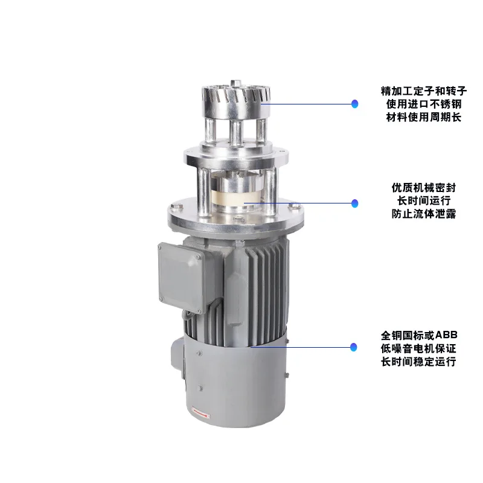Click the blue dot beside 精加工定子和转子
point(355,104)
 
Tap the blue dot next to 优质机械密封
point(355,203)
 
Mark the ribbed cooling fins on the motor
point(266,284)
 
